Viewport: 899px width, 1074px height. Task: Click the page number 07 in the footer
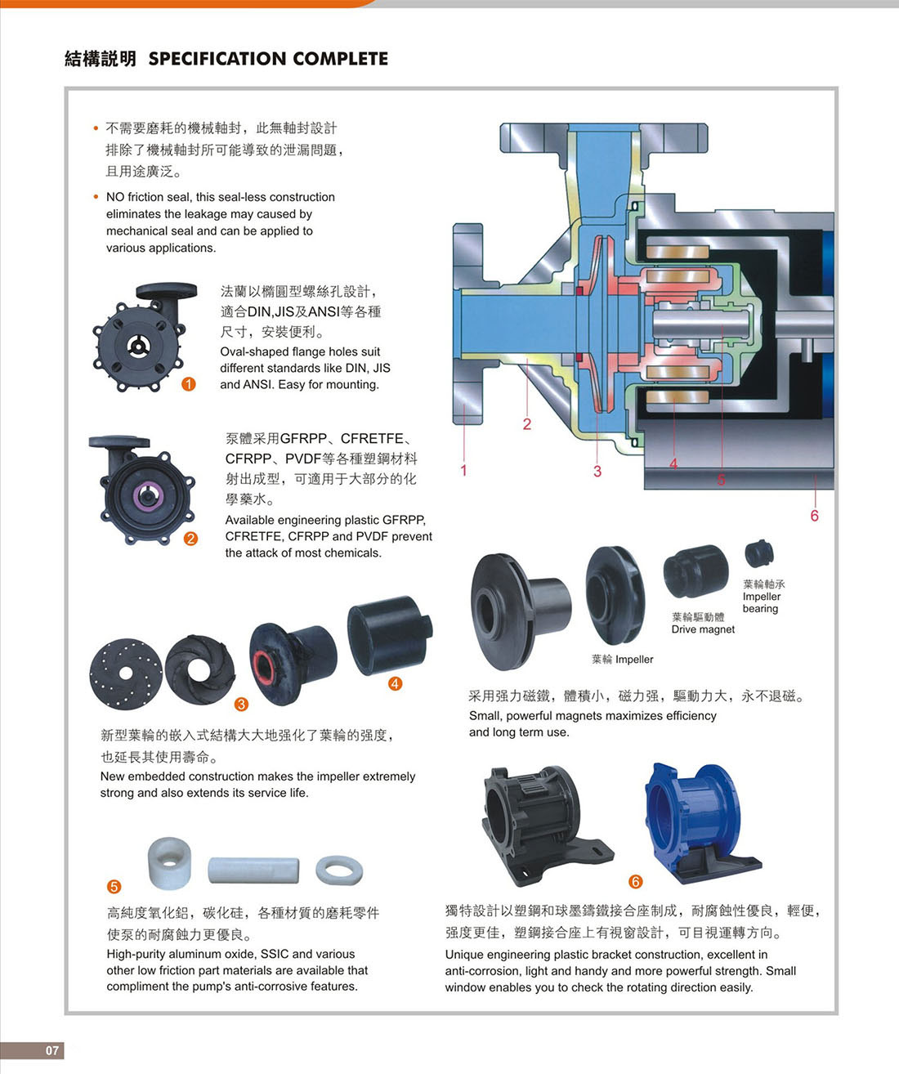(52, 1050)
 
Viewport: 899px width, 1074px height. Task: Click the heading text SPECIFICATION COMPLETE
(268, 59)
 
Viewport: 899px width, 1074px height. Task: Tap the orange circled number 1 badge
(189, 384)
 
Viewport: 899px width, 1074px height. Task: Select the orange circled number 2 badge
(190, 538)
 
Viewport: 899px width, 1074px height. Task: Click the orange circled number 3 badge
(241, 704)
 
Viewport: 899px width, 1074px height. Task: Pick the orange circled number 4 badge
(395, 683)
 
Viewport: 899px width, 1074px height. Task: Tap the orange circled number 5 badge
(114, 887)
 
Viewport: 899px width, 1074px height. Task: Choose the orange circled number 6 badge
(635, 881)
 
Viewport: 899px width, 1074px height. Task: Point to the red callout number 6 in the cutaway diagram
(814, 516)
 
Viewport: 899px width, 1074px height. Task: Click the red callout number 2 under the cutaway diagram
(527, 423)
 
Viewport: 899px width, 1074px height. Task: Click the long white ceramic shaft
(253, 870)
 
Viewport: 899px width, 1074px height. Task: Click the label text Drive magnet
(703, 629)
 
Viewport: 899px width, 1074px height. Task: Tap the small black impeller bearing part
(759, 554)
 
